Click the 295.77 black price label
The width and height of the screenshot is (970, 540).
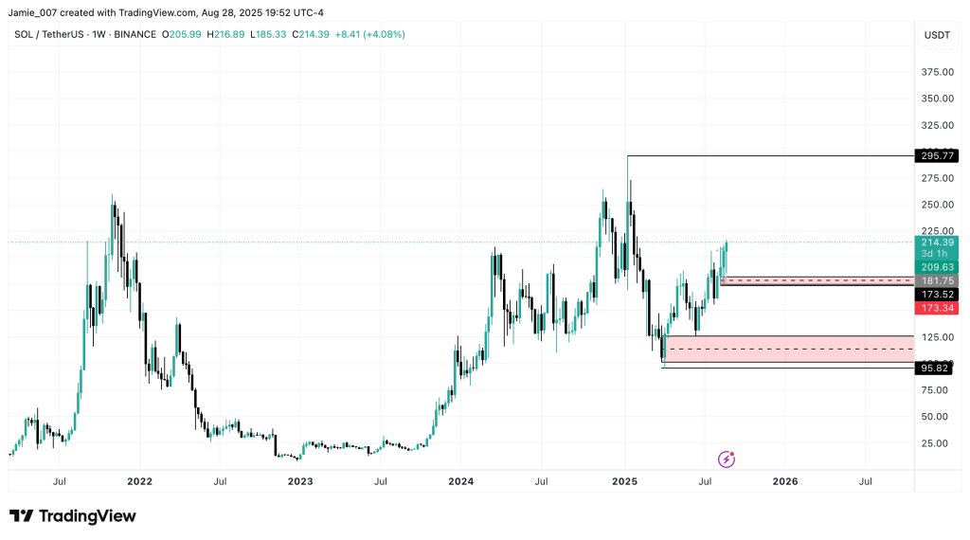point(936,155)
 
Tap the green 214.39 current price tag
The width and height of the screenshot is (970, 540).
point(936,243)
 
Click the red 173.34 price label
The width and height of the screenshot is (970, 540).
point(936,309)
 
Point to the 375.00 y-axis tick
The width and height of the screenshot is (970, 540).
point(936,72)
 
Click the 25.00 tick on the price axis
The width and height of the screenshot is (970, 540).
point(936,442)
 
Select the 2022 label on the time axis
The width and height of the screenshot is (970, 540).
point(139,481)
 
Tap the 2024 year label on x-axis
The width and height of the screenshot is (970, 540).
point(461,481)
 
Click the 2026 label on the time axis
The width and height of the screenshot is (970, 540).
point(785,481)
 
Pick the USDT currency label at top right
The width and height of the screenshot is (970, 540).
point(936,35)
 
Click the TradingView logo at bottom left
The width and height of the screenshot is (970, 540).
point(73,516)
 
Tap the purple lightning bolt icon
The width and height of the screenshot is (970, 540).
point(727,459)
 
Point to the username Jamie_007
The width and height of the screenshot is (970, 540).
point(37,12)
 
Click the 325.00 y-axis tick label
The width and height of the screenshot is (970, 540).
point(936,125)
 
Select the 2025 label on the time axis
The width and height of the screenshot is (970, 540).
point(624,481)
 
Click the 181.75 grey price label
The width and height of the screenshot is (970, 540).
point(936,281)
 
